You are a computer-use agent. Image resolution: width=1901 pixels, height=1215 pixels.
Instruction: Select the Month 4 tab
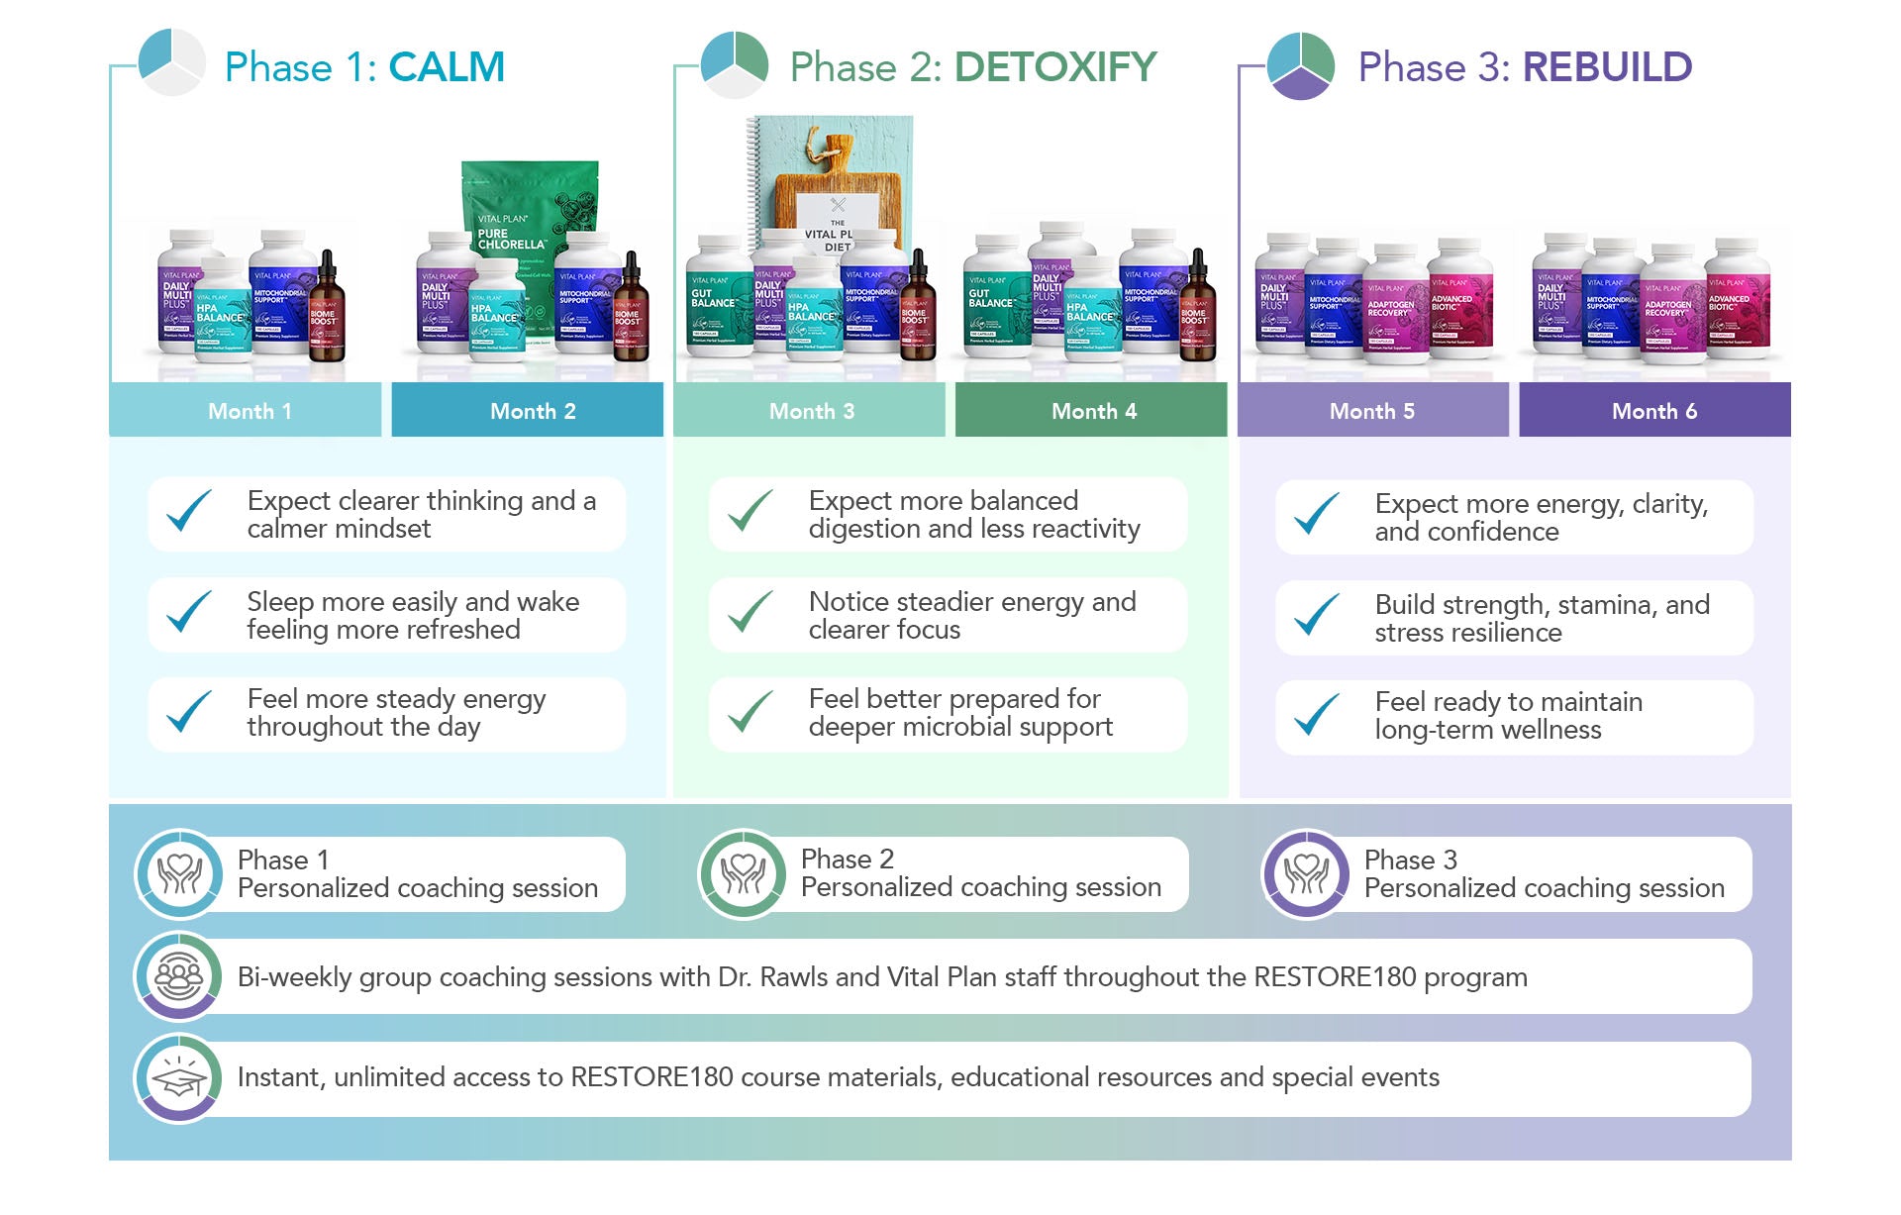[x=1093, y=410]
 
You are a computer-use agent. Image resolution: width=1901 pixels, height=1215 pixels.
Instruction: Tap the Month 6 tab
[x=1654, y=410]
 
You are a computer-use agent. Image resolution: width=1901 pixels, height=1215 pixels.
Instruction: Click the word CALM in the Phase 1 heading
[x=447, y=67]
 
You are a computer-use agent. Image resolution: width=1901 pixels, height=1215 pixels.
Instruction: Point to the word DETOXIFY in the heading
[x=1054, y=67]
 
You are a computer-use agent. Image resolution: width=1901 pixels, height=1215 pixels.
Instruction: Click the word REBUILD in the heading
[x=1607, y=67]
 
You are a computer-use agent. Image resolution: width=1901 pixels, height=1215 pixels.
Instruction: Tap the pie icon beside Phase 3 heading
[x=1301, y=65]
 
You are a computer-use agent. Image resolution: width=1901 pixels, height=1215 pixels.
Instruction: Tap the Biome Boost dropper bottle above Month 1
[x=325, y=312]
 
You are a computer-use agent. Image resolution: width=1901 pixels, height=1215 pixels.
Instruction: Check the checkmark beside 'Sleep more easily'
[x=189, y=613]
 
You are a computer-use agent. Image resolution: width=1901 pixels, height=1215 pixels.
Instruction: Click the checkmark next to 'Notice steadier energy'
[x=750, y=613]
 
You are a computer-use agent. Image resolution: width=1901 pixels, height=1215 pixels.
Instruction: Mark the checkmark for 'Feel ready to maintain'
[x=1317, y=714]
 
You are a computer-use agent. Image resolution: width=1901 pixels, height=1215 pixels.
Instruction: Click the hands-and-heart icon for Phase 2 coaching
[x=743, y=874]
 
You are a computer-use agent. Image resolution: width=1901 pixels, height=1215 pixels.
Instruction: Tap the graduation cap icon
[x=178, y=1078]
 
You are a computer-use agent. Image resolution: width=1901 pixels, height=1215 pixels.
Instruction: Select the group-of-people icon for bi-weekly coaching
[x=178, y=977]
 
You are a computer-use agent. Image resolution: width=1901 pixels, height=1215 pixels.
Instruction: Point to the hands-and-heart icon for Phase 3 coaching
[x=1306, y=874]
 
